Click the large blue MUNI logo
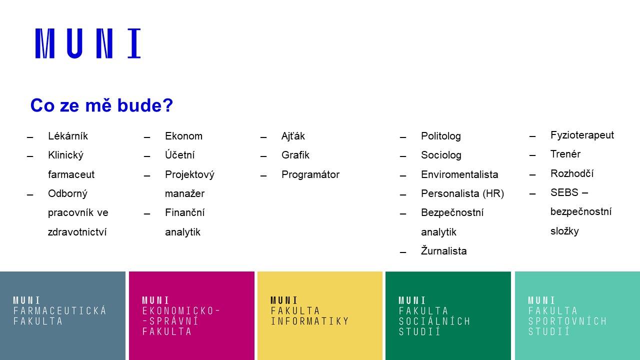88,43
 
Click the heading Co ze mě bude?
101,105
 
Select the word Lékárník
67,136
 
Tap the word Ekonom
183,136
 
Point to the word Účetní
179,155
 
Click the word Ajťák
293,136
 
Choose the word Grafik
295,155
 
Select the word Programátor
310,174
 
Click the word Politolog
441,136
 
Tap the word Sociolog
441,155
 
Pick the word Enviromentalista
459,174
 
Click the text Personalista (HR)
462,193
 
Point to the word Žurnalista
443,250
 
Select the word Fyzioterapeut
582,135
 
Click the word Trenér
565,154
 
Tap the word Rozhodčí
572,173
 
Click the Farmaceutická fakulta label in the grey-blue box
59,315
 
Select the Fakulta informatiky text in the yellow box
309,315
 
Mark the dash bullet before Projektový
147,175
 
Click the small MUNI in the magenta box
155,300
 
